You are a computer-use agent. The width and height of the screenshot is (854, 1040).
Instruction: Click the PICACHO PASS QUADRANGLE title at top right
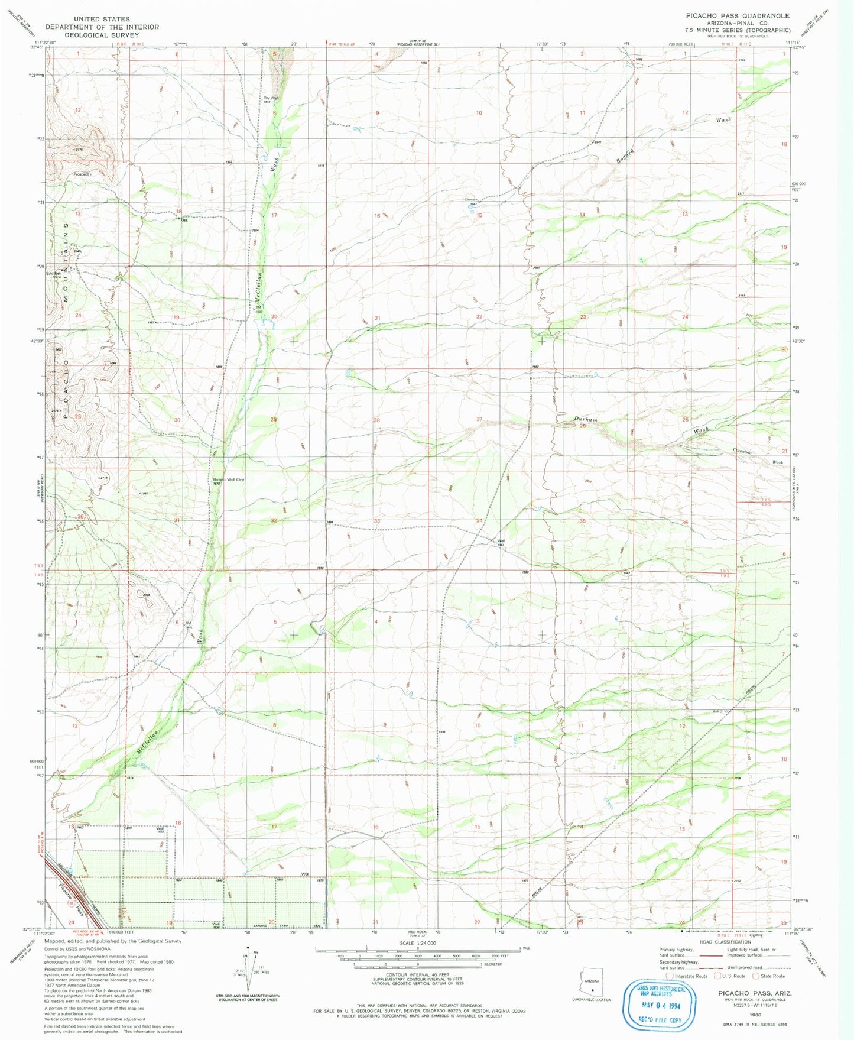[737, 16]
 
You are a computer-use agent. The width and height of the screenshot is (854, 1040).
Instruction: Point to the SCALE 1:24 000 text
[417, 943]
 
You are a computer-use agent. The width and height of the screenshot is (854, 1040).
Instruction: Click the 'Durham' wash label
[586, 419]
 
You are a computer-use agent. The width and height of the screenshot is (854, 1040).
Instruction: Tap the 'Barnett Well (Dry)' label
[229, 479]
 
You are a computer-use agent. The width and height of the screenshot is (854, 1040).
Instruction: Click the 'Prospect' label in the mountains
[81, 174]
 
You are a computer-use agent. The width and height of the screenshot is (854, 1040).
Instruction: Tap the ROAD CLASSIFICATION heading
[725, 942]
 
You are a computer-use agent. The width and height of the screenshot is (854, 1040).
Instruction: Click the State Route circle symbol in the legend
[756, 976]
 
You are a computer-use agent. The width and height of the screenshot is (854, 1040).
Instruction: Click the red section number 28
[376, 420]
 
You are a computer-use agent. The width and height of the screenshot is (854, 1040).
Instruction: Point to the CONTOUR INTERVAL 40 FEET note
[417, 974]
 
